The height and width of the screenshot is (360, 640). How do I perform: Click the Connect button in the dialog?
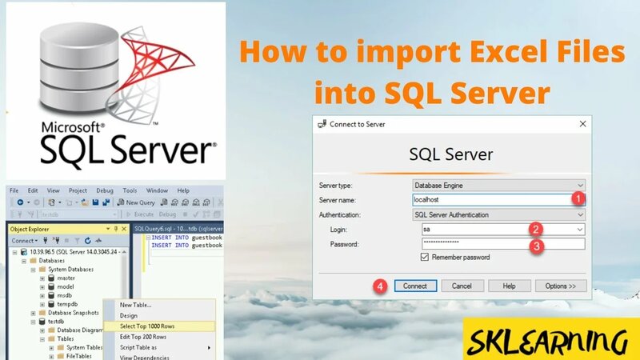tap(414, 286)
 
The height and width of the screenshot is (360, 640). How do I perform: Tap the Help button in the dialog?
tap(509, 286)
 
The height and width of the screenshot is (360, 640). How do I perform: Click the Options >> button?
tap(561, 286)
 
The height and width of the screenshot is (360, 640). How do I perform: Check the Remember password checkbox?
tap(425, 258)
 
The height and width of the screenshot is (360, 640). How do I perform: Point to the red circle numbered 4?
tap(382, 285)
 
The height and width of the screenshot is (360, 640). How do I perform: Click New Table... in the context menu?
tap(135, 305)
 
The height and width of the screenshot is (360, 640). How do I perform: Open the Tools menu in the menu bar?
tap(130, 190)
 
